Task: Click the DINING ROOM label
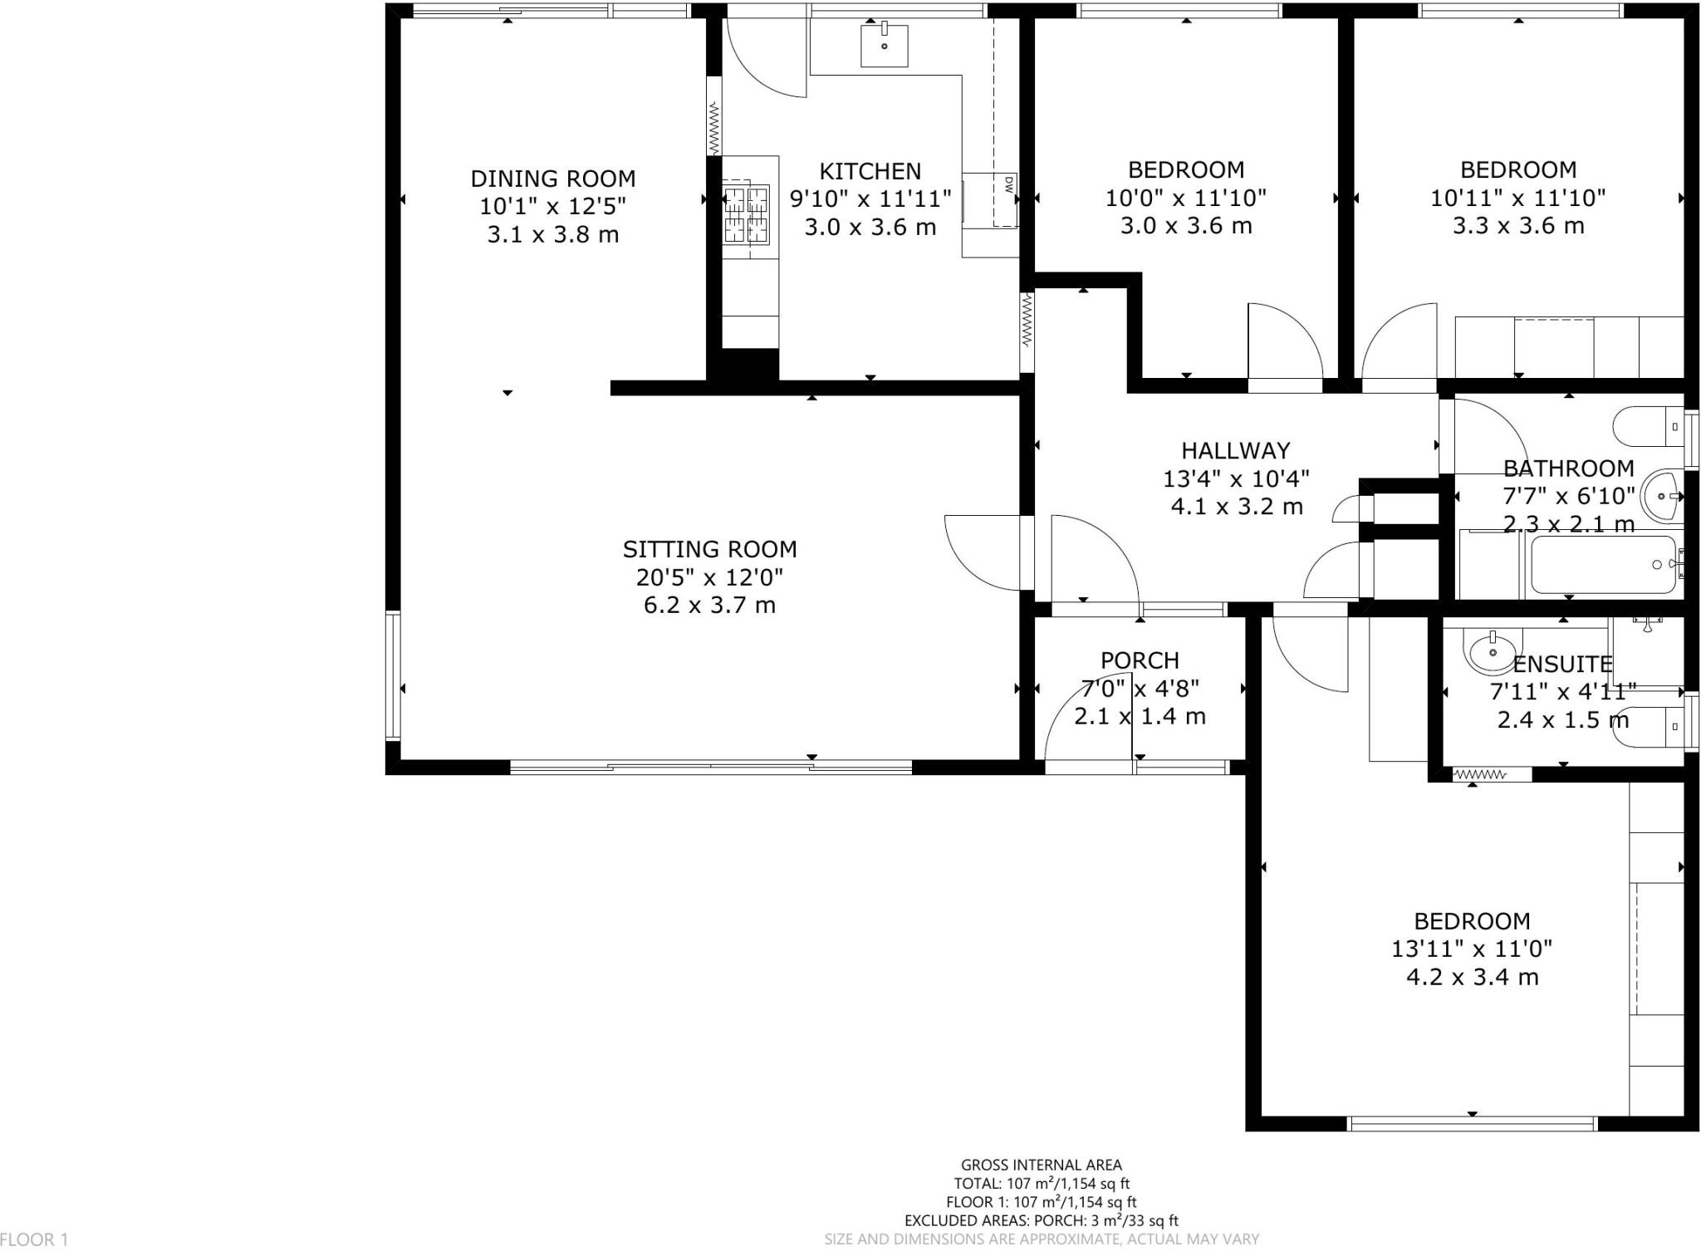pyautogui.click(x=552, y=179)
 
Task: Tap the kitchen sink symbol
pyautogui.click(x=884, y=45)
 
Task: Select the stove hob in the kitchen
pyautogui.click(x=746, y=214)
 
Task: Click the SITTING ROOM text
pyautogui.click(x=709, y=549)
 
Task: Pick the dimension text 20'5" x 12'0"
pyautogui.click(x=709, y=576)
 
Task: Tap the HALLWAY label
pyautogui.click(x=1236, y=450)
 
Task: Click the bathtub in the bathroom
pyautogui.click(x=1604, y=565)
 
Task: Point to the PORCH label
pyautogui.click(x=1140, y=660)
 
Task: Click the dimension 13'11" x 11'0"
pyautogui.click(x=1472, y=949)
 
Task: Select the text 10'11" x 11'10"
pyautogui.click(x=1517, y=198)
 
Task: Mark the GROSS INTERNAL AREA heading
pyautogui.click(x=1041, y=1165)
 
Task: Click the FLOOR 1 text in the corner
pyautogui.click(x=34, y=1239)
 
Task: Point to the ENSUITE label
pyautogui.click(x=1562, y=664)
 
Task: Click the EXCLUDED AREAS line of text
pyautogui.click(x=1041, y=1220)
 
